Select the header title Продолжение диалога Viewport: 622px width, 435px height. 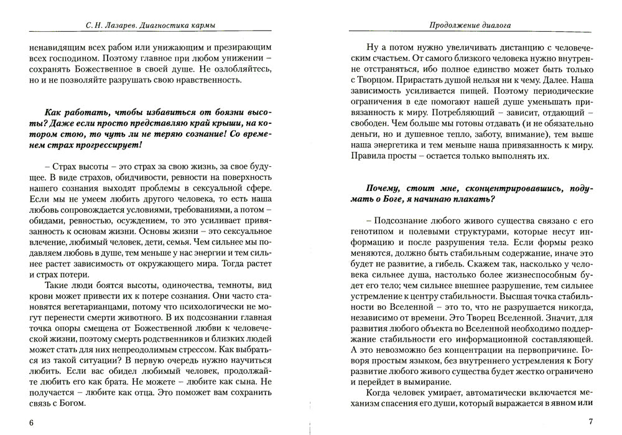pyautogui.click(x=466, y=25)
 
